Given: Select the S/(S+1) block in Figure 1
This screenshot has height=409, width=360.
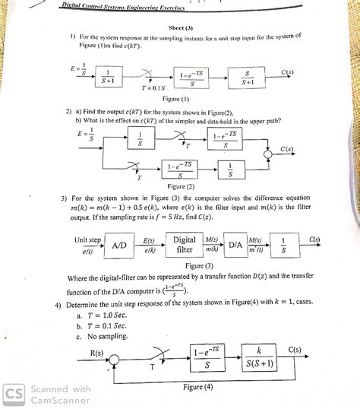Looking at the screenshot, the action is pyautogui.click(x=246, y=76).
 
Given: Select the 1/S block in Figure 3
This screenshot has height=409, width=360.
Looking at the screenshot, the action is pyautogui.click(x=284, y=245).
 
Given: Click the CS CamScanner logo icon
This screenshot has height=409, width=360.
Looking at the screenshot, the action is pyautogui.click(x=13, y=395).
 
